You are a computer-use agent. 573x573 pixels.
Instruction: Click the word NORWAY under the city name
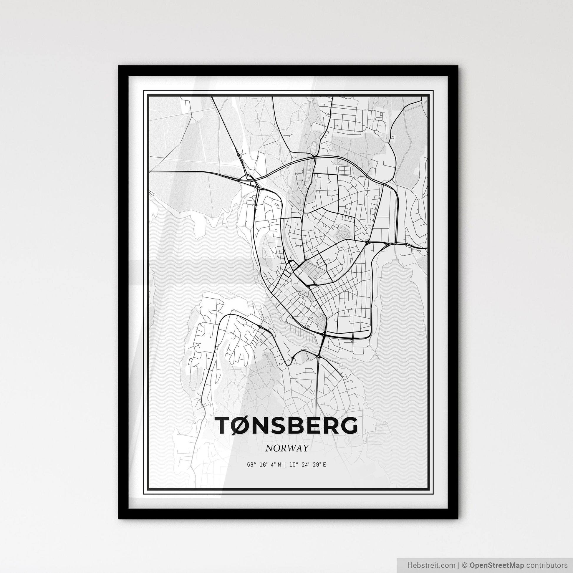point(287,448)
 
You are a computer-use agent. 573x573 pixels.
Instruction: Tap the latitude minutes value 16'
point(263,465)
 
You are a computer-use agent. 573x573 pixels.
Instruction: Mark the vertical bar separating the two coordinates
point(285,465)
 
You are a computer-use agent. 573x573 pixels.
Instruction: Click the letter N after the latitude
point(279,465)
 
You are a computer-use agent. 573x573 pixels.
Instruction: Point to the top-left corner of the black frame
point(119,67)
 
